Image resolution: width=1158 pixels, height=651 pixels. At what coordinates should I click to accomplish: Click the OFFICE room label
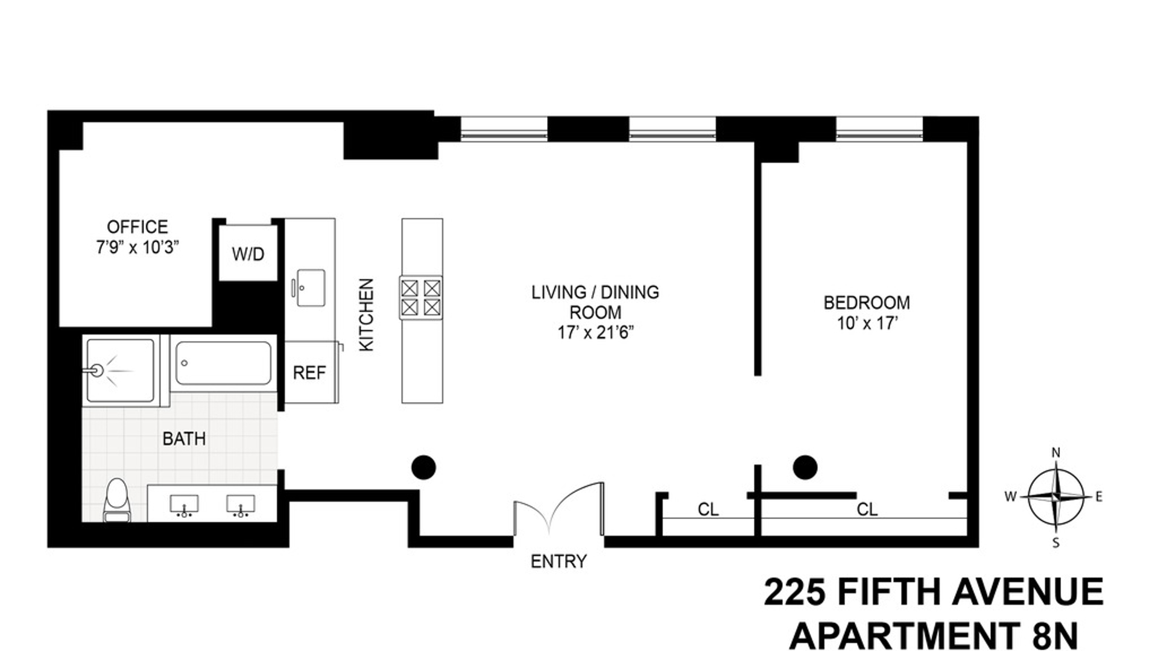click(138, 227)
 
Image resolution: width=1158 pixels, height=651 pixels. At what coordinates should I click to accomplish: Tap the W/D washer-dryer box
click(248, 253)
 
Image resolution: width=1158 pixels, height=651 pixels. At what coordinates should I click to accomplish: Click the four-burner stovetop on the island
click(421, 298)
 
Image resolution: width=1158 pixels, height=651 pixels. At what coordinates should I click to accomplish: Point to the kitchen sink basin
click(311, 288)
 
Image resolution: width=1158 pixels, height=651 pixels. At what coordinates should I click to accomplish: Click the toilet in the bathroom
click(116, 500)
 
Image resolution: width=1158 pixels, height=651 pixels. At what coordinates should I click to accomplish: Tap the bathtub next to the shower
click(223, 363)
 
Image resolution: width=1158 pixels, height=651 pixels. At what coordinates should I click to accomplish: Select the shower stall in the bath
click(121, 370)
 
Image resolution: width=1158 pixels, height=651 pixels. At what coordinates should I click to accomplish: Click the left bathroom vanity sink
click(184, 505)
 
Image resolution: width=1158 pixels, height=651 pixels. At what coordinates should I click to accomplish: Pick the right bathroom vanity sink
click(241, 505)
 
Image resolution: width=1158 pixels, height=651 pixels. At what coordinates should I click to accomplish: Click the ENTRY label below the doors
click(558, 562)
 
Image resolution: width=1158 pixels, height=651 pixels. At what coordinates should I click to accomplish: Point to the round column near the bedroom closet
click(805, 467)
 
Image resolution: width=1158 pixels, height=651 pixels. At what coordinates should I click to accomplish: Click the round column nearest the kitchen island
click(423, 467)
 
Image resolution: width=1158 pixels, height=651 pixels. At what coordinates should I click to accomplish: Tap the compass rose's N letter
click(1055, 453)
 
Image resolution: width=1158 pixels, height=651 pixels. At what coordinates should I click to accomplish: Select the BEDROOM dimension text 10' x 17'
click(867, 324)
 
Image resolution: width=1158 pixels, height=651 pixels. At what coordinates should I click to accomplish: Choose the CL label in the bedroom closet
click(867, 510)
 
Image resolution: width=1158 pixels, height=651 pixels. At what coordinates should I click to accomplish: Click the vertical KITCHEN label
click(367, 315)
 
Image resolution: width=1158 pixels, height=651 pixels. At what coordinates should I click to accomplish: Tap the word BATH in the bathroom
click(184, 439)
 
